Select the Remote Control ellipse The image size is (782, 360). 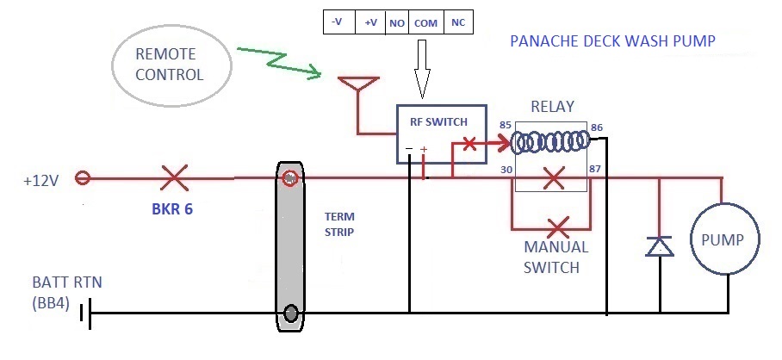click(x=172, y=66)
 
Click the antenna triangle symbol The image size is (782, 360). click(x=357, y=87)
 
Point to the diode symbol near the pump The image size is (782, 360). click(x=660, y=246)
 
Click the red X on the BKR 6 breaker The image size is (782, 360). click(x=175, y=179)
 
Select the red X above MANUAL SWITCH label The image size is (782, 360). click(x=558, y=228)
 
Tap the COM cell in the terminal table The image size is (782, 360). click(x=425, y=22)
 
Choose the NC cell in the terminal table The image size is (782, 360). click(x=457, y=22)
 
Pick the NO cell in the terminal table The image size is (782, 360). click(x=397, y=22)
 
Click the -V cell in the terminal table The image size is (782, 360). click(x=338, y=22)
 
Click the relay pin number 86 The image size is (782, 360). click(x=597, y=127)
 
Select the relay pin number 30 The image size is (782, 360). click(x=506, y=170)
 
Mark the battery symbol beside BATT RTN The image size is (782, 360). click(x=85, y=313)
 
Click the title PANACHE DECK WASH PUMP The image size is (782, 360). click(x=612, y=41)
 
